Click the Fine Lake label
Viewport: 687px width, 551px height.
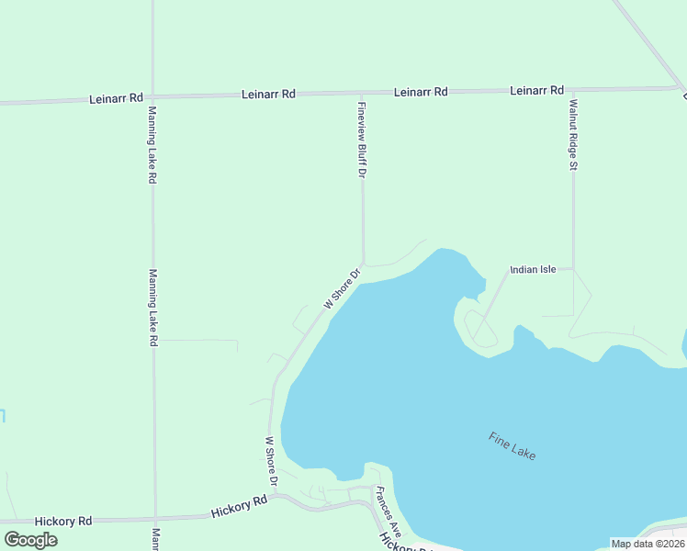point(512,446)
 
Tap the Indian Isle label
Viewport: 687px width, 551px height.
point(534,270)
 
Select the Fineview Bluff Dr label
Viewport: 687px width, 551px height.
point(362,140)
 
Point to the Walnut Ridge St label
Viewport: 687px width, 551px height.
point(572,134)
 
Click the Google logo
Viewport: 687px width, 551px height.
point(30,539)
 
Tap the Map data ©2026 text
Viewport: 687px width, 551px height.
point(648,544)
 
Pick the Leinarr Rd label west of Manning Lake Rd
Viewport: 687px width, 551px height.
point(116,97)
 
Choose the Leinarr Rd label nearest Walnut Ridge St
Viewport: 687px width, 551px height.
point(536,90)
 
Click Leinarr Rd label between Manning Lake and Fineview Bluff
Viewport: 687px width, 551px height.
point(268,94)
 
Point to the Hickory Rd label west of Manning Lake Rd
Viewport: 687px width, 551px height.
point(63,521)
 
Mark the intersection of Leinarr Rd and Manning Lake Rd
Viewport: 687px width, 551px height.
point(152,96)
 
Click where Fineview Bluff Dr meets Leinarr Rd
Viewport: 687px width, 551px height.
point(362,93)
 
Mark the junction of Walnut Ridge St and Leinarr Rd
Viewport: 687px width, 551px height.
point(572,90)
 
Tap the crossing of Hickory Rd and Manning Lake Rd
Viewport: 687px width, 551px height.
point(154,519)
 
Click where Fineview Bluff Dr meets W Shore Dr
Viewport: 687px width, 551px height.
point(364,264)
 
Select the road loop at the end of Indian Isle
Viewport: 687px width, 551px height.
point(478,327)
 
